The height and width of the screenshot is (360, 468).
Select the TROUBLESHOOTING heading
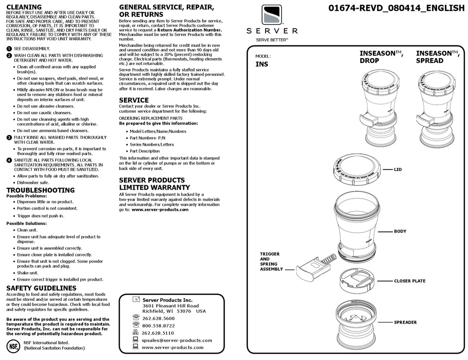point(40,190)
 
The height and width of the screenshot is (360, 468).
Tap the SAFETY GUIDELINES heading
point(41,288)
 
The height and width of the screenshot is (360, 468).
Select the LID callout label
point(398,169)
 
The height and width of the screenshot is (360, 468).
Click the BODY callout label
point(400,231)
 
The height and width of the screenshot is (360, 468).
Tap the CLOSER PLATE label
point(409,281)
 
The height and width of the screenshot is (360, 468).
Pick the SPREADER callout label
point(405,323)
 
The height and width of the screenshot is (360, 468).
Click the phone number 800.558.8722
point(158,326)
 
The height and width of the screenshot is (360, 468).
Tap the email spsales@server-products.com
point(177,340)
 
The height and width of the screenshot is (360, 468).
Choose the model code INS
point(262,64)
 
